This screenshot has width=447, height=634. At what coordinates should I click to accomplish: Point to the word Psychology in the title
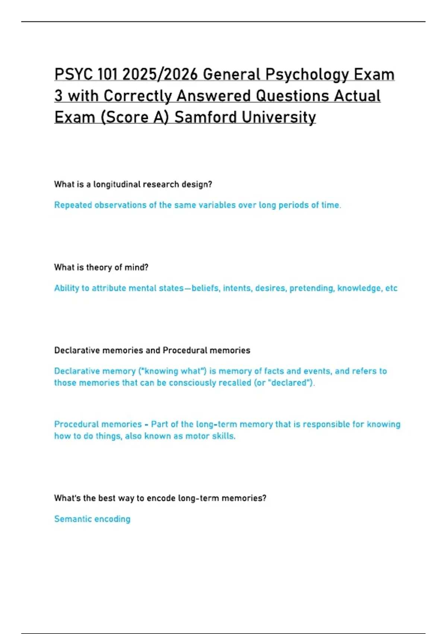[x=307, y=75]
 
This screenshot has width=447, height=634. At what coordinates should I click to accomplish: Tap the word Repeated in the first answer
[x=73, y=205]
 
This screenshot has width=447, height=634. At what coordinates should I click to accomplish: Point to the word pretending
[x=312, y=288]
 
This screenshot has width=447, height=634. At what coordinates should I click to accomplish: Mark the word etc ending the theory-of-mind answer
[x=391, y=288]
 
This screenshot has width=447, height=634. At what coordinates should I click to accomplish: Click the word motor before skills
[x=197, y=436]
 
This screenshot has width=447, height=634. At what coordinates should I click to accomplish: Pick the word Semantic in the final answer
[x=72, y=519]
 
